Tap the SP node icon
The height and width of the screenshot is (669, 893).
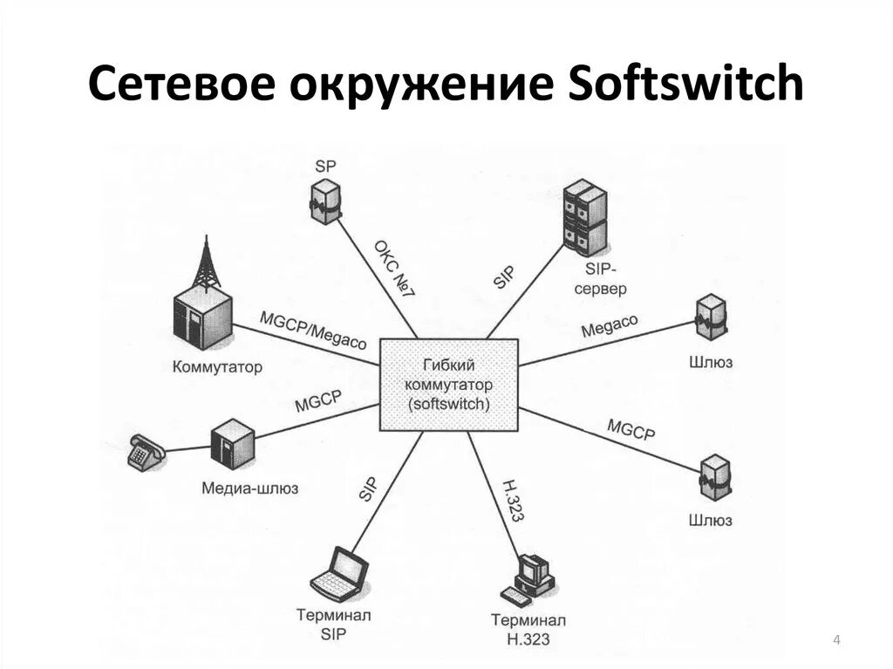pos(324,200)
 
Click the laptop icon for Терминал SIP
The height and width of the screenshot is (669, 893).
pos(341,572)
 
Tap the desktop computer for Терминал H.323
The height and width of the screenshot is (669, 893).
pos(532,576)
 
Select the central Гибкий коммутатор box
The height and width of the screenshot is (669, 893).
pos(449,385)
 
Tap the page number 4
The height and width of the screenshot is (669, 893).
pos(836,642)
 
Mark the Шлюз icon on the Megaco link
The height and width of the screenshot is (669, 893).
pos(712,318)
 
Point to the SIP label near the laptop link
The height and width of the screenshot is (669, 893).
pos(368,488)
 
